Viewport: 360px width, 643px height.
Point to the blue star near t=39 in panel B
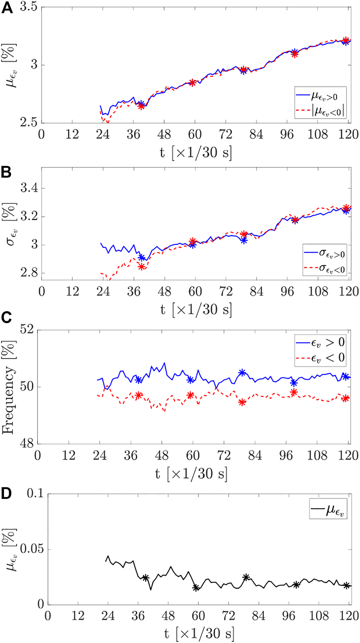(142, 258)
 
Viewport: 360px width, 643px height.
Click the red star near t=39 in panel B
(141, 267)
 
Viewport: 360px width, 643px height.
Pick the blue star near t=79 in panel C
(242, 372)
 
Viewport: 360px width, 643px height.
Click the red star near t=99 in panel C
(294, 392)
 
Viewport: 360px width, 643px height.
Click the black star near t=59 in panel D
(196, 587)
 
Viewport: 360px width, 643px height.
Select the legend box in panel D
(328, 508)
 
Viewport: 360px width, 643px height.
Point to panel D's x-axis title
(199, 634)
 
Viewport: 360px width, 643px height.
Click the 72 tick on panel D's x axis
(228, 616)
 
